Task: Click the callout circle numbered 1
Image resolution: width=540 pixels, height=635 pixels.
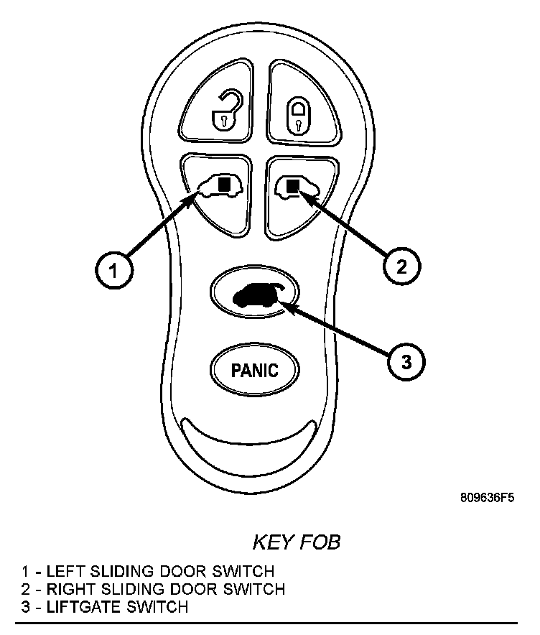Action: (x=112, y=270)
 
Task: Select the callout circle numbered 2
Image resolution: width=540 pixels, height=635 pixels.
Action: (x=401, y=266)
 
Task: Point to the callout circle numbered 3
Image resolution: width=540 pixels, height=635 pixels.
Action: (x=406, y=361)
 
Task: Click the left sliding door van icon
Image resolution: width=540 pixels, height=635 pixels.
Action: (x=220, y=187)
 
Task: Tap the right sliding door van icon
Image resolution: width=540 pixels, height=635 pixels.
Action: (x=297, y=187)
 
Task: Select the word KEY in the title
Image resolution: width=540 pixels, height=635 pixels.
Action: (x=270, y=542)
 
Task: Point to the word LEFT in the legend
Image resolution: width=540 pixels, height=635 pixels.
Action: (x=63, y=573)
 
